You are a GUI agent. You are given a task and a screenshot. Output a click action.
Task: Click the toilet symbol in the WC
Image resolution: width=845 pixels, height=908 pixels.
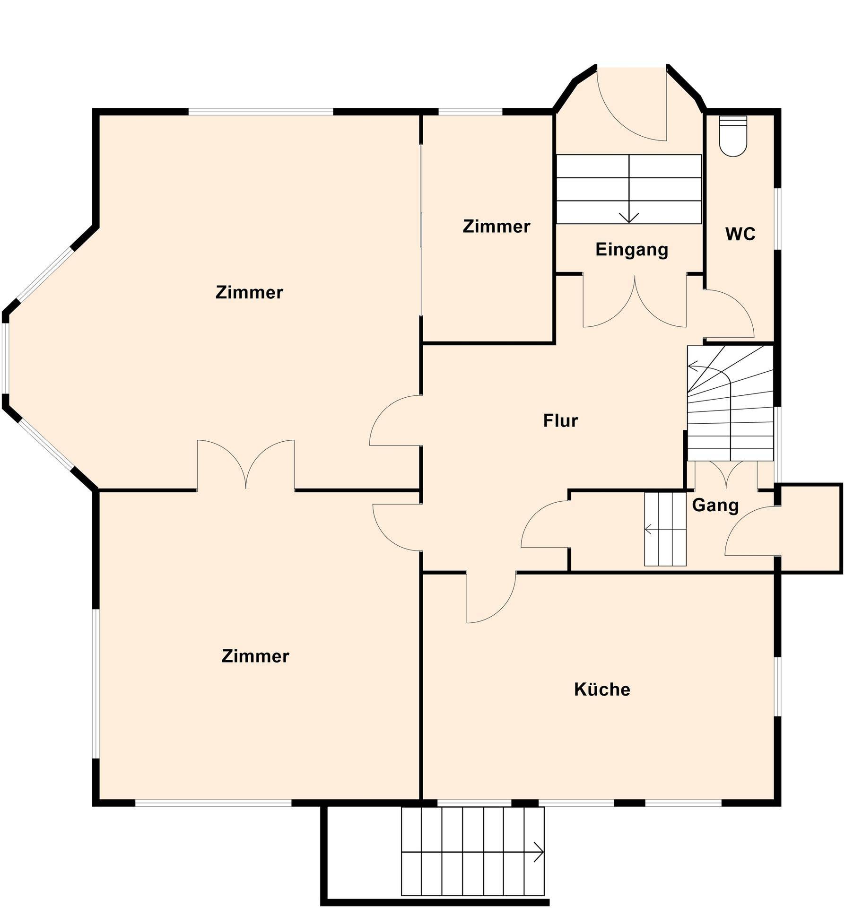pyautogui.click(x=733, y=136)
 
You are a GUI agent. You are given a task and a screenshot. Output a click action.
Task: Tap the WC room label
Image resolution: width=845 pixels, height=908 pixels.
pyautogui.click(x=740, y=234)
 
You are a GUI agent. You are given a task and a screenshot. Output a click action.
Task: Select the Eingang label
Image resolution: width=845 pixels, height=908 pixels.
pyautogui.click(x=632, y=249)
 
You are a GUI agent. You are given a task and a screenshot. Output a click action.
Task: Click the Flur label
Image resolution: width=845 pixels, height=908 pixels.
pyautogui.click(x=560, y=420)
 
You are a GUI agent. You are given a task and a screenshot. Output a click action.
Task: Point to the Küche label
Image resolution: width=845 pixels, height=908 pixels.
pyautogui.click(x=602, y=690)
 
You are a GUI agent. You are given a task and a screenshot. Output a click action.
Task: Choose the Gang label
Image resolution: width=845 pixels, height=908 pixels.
pyautogui.click(x=715, y=506)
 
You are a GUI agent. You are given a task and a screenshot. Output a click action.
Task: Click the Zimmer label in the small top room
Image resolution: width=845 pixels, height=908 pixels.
pyautogui.click(x=496, y=227)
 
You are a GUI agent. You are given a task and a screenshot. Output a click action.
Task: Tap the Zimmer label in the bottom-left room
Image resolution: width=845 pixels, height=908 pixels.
pyautogui.click(x=255, y=656)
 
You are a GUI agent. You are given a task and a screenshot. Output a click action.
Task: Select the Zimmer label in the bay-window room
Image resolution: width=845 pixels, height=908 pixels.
pyautogui.click(x=249, y=292)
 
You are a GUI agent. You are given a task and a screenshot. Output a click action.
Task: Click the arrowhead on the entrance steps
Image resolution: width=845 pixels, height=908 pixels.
pyautogui.click(x=629, y=218)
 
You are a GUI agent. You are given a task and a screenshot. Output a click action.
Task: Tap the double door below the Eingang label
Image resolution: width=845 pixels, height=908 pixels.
pyautogui.click(x=635, y=301)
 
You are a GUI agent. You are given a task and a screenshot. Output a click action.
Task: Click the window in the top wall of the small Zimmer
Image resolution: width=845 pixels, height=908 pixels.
pyautogui.click(x=470, y=112)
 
